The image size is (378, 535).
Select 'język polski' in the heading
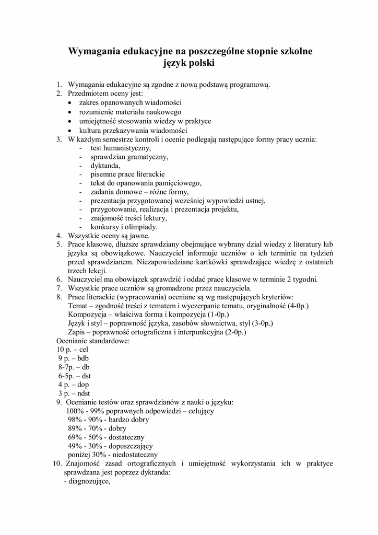(189, 64)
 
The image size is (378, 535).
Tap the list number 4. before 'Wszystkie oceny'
(60, 236)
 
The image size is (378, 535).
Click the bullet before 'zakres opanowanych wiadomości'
(70, 103)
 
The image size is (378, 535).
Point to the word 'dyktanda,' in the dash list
(105, 165)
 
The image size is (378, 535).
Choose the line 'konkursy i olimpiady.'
(124, 227)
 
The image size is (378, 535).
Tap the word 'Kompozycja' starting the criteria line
(87, 315)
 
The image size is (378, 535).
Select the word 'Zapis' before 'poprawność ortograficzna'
(77, 332)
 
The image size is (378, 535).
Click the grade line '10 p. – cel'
(73, 350)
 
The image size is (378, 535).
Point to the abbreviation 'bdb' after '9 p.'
(82, 358)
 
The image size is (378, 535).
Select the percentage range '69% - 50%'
(85, 437)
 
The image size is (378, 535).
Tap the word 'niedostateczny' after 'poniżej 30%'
(134, 455)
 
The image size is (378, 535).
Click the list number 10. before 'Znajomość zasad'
(57, 463)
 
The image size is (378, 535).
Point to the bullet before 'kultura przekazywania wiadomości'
(70, 130)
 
